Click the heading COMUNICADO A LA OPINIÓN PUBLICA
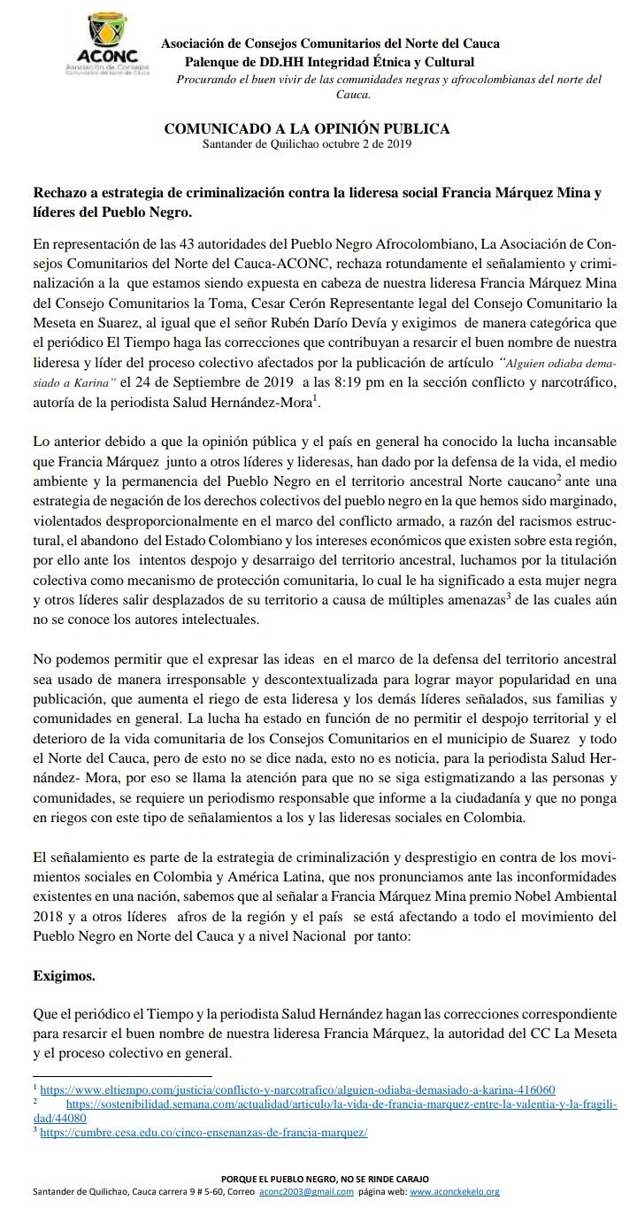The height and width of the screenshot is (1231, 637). (306, 129)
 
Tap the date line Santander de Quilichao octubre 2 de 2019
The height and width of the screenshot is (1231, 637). (306, 144)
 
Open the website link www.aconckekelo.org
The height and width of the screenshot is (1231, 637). (454, 1192)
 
